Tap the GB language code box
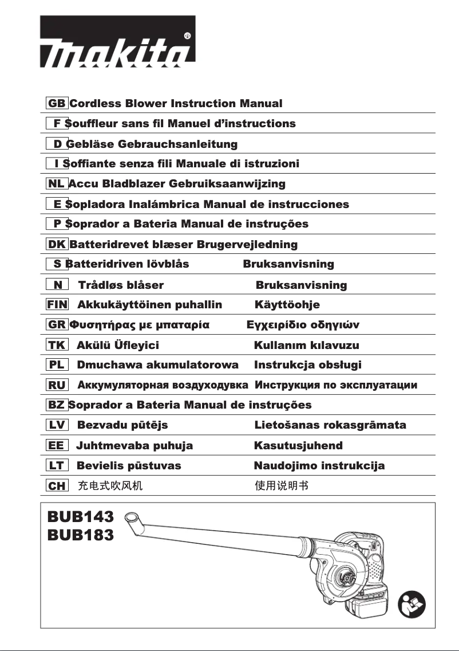(x=57, y=104)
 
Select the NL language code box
(x=56, y=184)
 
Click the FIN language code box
(x=57, y=305)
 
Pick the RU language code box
(x=57, y=385)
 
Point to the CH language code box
(x=57, y=486)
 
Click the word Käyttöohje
(x=287, y=305)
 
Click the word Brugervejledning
(x=247, y=245)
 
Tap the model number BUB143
(x=81, y=517)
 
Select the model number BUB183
(x=81, y=535)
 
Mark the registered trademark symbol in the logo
(x=188, y=36)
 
